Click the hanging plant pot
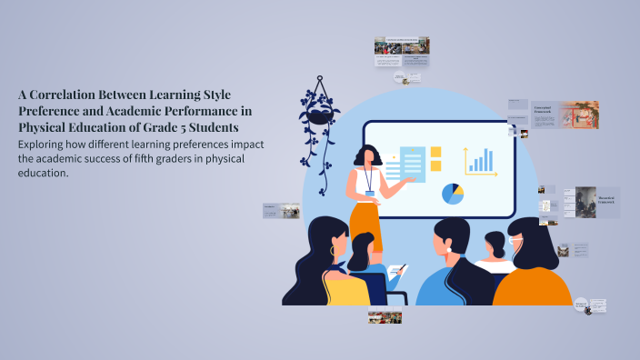click(319, 115)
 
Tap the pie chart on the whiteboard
click(452, 194)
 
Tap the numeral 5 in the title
click(194, 126)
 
